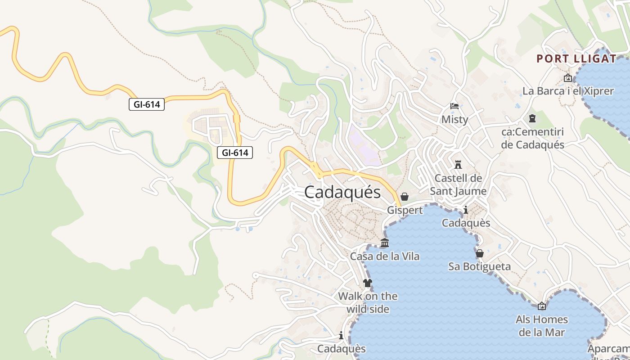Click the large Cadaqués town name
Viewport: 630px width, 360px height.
[342, 193]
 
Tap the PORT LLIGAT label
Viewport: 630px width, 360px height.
[576, 58]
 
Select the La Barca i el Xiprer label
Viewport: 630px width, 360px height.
[568, 91]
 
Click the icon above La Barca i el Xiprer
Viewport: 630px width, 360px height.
[568, 78]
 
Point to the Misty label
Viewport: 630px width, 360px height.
[454, 120]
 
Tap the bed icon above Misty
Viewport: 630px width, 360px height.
[454, 107]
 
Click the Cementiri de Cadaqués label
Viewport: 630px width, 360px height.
[532, 139]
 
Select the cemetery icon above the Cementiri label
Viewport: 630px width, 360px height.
[532, 119]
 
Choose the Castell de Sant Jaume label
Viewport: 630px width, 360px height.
[458, 184]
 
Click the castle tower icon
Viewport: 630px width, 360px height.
[458, 164]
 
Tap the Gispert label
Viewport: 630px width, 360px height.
[405, 210]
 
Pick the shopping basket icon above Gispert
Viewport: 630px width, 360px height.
[404, 197]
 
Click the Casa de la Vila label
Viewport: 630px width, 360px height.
[385, 256]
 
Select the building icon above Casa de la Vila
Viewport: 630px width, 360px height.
[385, 243]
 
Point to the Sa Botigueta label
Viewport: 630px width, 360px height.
[480, 266]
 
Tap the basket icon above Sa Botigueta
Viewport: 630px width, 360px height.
[480, 253]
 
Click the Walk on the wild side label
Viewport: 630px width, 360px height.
[368, 302]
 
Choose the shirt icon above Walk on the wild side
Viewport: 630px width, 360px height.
[368, 283]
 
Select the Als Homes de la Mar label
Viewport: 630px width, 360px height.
[542, 326]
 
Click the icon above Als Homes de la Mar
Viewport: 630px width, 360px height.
[542, 306]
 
